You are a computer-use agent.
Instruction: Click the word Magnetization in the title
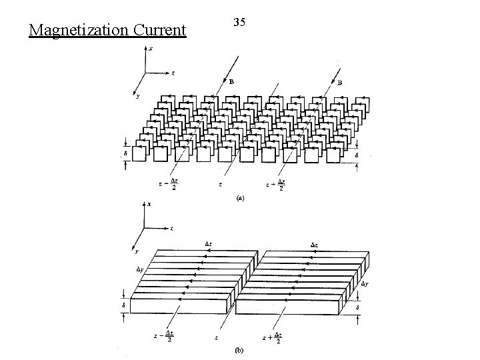[69, 31]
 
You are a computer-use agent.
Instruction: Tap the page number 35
[239, 23]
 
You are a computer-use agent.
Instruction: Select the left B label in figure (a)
[231, 83]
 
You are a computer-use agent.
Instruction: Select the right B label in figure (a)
[339, 83]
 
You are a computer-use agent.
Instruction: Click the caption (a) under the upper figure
[239, 198]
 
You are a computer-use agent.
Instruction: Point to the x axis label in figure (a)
[151, 49]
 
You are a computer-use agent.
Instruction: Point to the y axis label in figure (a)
[137, 96]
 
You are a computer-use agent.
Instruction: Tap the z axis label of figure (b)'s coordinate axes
[172, 228]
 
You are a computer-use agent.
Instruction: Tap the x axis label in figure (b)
[149, 204]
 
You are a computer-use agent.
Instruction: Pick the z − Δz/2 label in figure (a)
[169, 183]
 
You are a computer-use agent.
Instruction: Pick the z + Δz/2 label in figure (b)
[273, 339]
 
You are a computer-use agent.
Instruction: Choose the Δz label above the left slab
[209, 244]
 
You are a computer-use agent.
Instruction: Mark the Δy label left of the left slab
[140, 269]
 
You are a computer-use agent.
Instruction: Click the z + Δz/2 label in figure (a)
[275, 183]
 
